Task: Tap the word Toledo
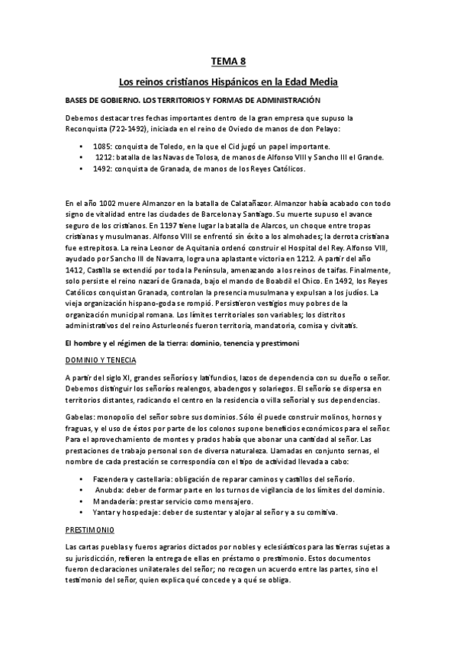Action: [170, 146]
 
